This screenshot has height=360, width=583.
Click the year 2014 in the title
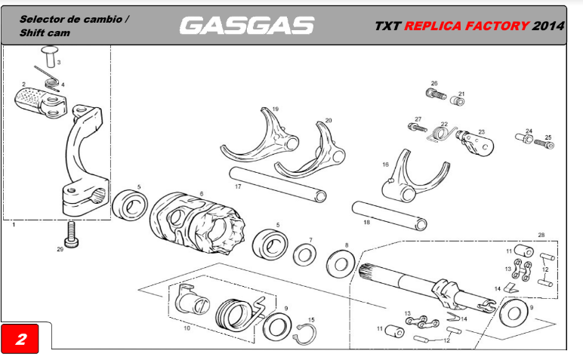pyautogui.click(x=548, y=26)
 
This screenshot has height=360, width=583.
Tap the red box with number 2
pyautogui.click(x=21, y=339)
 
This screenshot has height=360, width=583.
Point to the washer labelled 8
pyautogui.click(x=341, y=264)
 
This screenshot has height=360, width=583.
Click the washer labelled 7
pyautogui.click(x=305, y=254)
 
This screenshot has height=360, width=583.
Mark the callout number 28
pyautogui.click(x=540, y=235)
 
